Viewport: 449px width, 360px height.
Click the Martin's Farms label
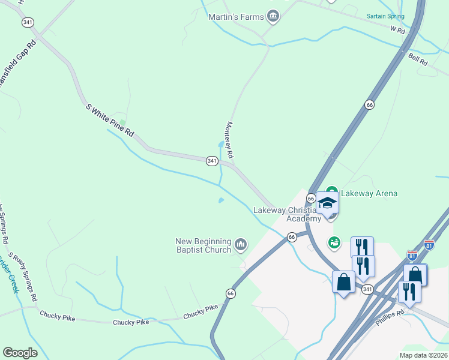[x=235, y=17]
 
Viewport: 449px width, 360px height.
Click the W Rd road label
[x=397, y=29]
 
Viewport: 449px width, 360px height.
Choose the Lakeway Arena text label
[x=369, y=193]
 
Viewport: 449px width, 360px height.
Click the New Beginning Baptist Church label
[x=203, y=245]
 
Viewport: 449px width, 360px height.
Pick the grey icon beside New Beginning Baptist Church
[x=241, y=244]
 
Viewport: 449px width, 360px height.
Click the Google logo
[x=20, y=353]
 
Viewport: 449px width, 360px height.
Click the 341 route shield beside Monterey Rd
[x=212, y=161]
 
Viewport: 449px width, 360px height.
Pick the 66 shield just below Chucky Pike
[x=231, y=293]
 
